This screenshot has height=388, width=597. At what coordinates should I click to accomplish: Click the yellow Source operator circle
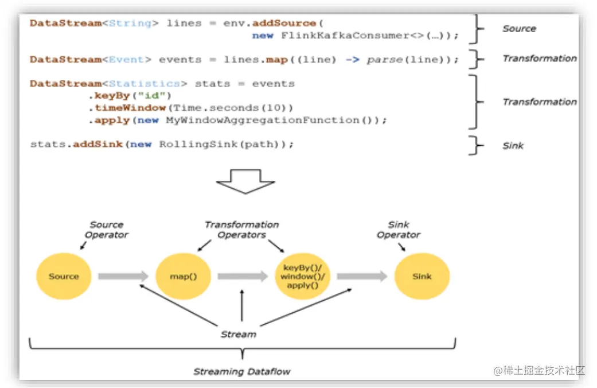click(x=64, y=276)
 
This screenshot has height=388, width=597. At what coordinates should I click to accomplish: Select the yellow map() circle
click(x=184, y=276)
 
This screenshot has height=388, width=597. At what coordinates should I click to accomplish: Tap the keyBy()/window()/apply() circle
click(x=303, y=276)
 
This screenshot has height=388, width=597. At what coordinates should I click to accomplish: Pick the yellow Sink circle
click(x=422, y=276)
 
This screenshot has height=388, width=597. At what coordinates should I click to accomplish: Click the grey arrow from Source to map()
click(x=123, y=276)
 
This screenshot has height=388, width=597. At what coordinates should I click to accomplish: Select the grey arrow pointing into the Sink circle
click(x=362, y=276)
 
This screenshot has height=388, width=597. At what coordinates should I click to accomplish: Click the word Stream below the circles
click(x=239, y=334)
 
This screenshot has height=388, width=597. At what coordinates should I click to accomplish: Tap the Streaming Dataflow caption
click(x=241, y=371)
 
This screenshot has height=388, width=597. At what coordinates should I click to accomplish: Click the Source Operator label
click(x=107, y=230)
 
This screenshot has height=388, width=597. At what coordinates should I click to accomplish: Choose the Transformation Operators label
click(x=241, y=230)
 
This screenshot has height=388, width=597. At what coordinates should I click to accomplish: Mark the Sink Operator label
click(x=399, y=230)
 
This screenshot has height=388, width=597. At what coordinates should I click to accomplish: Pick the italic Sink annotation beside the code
click(x=513, y=146)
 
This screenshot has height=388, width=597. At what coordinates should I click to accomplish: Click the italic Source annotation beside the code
click(x=519, y=29)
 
